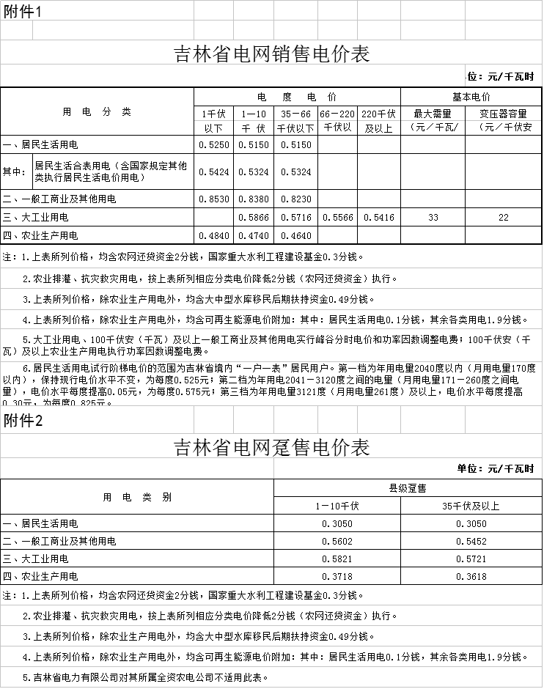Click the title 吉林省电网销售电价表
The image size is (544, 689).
coord(271,54)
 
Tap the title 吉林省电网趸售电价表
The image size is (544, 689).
coord(271,447)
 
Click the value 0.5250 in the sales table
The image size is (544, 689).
coord(213,145)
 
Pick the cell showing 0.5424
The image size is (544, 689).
coord(213,172)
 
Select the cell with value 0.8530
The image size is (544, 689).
coord(213,199)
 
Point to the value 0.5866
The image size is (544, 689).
coord(254,218)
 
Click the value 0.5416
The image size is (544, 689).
coord(379,218)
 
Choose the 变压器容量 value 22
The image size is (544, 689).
coord(503,218)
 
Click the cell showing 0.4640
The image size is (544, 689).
coord(296,235)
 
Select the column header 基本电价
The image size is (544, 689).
coord(471,97)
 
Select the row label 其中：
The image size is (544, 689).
coord(15,172)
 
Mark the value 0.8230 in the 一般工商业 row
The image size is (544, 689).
coord(296,199)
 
